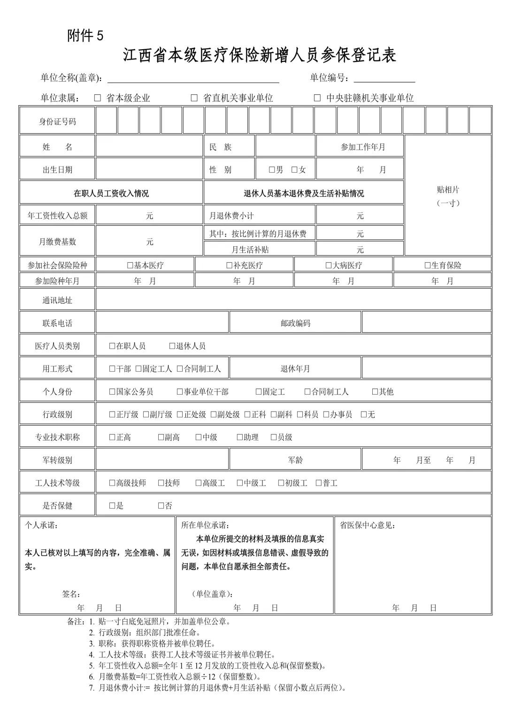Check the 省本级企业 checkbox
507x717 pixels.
point(98,98)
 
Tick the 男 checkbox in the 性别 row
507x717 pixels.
point(272,170)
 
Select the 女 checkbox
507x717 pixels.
point(294,170)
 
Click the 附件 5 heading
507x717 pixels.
point(85,36)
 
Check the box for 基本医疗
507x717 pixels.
point(130,266)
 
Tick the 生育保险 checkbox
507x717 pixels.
point(428,266)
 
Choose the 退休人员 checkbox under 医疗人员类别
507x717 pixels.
point(172,346)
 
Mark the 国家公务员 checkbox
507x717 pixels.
point(112,392)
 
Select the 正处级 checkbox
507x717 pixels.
point(180,415)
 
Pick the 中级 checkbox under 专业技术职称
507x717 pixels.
point(199,437)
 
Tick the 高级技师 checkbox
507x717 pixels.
point(112,483)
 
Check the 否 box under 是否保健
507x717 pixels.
point(161,506)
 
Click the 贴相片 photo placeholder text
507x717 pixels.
point(448,190)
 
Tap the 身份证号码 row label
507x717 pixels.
point(57,122)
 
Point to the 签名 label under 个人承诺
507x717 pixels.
point(71,594)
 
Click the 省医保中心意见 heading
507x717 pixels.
point(367,526)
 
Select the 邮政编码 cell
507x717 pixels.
point(295,323)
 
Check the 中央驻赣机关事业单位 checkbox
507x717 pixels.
point(317,98)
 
